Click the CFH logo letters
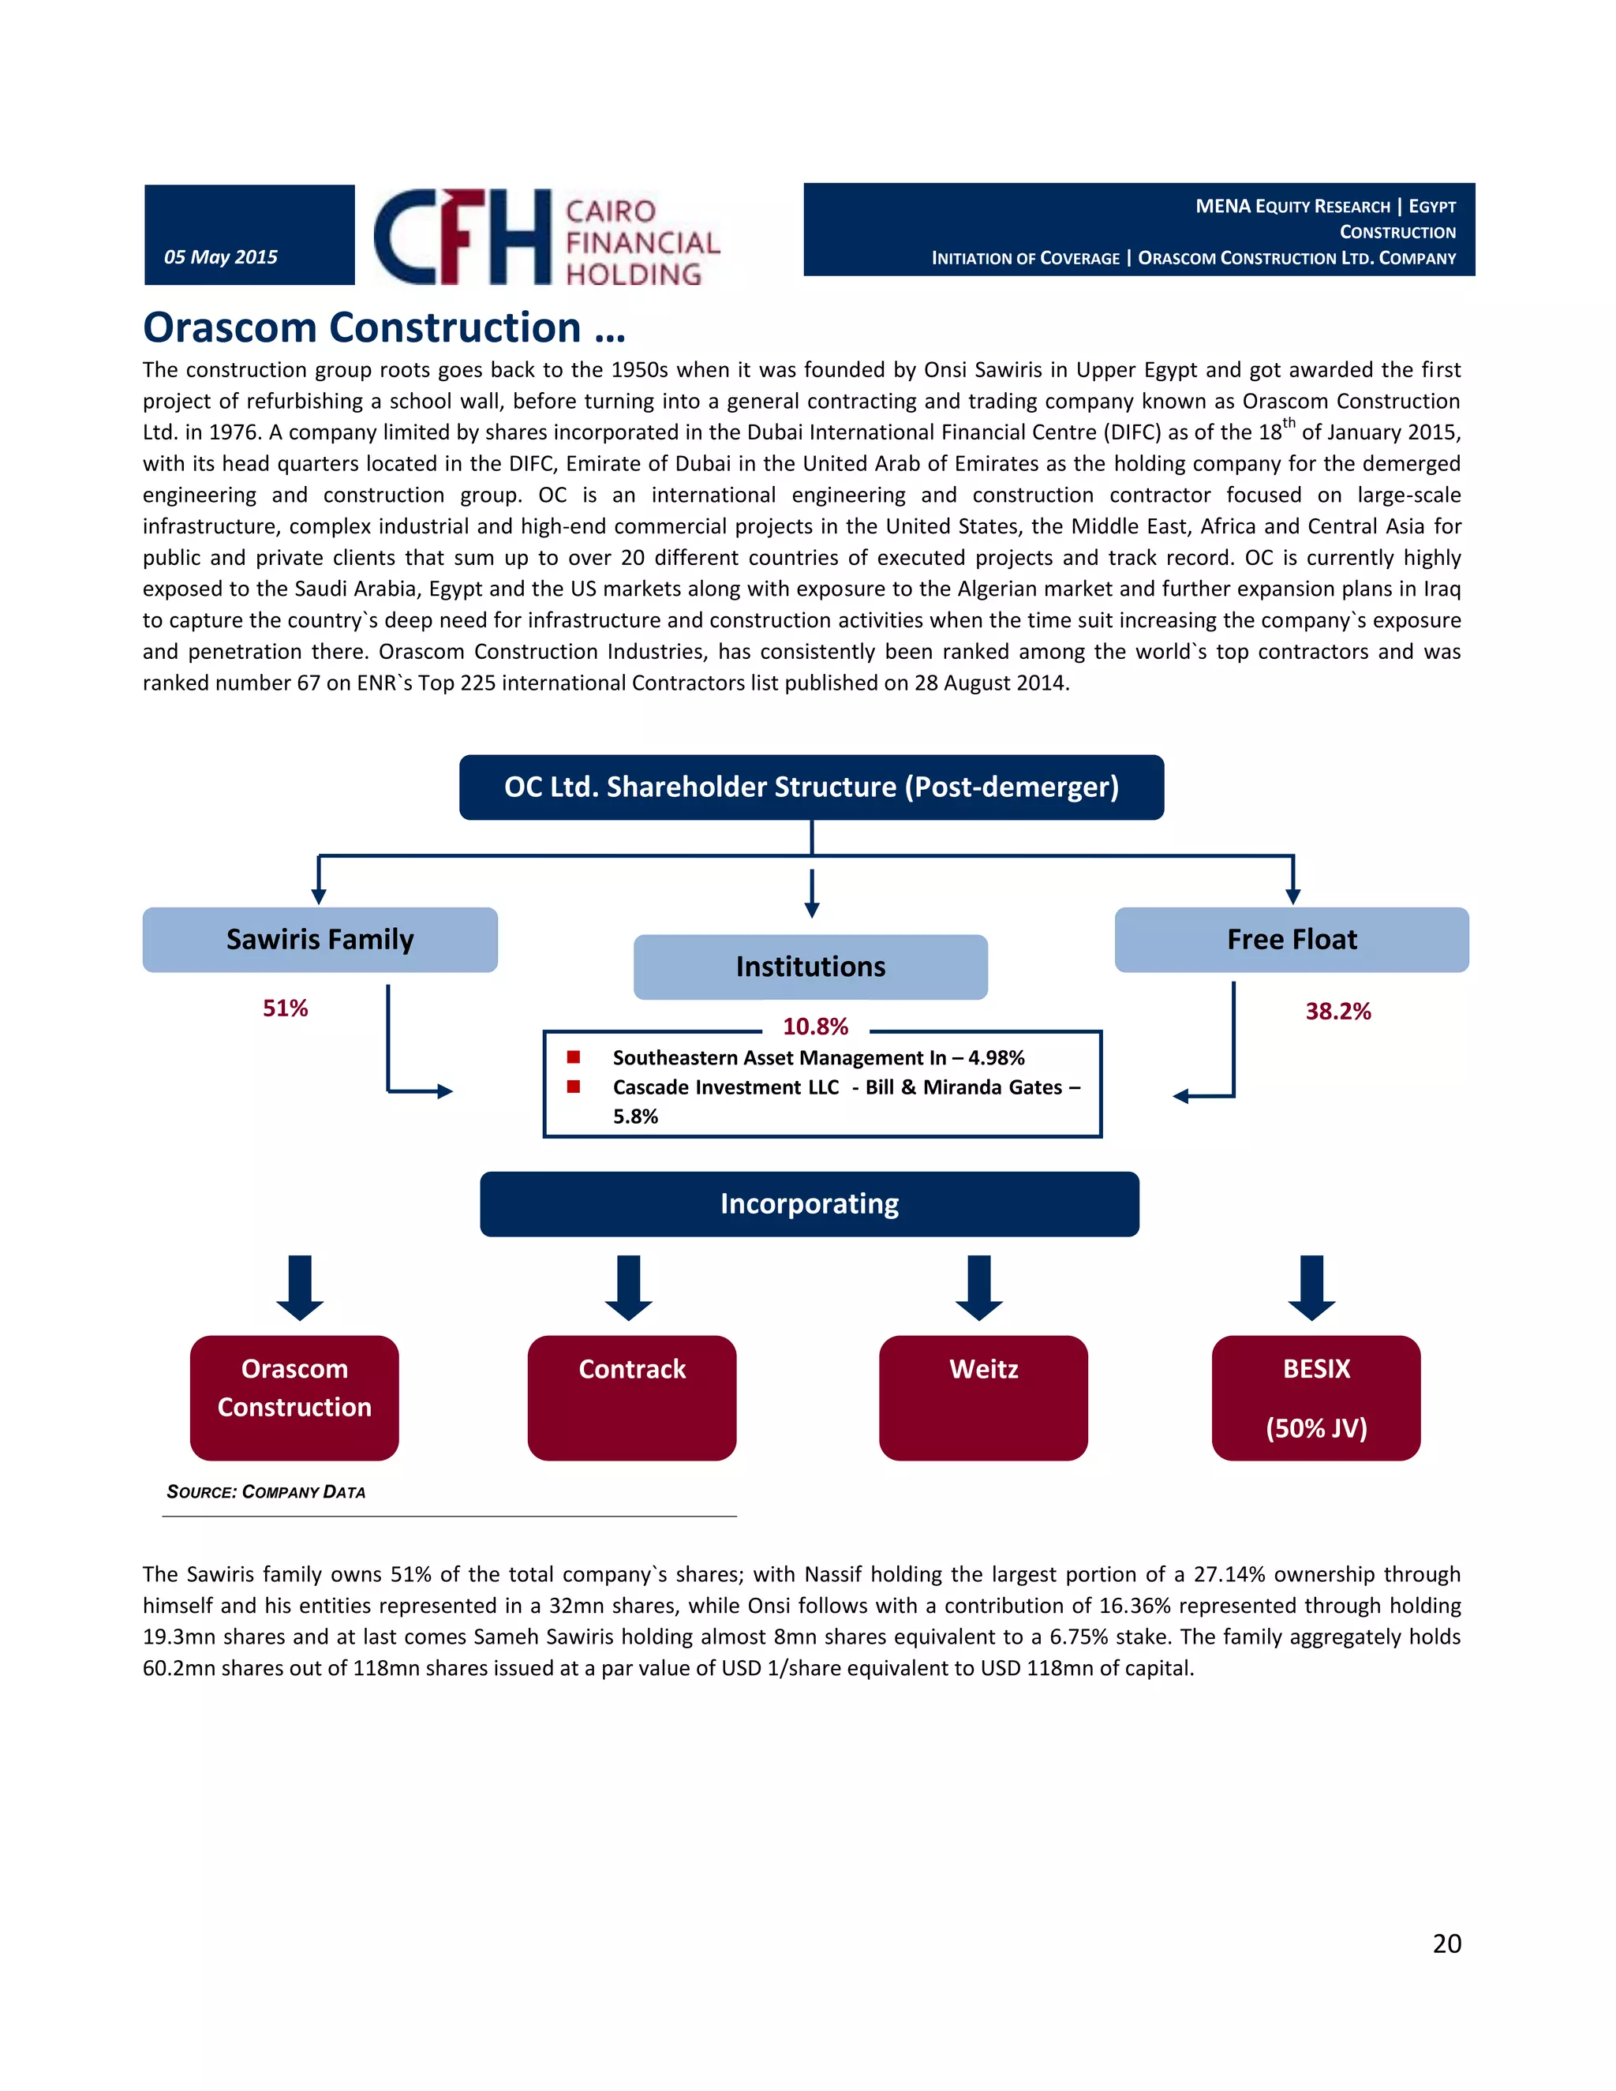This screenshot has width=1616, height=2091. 462,237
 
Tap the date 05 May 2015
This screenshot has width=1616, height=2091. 220,256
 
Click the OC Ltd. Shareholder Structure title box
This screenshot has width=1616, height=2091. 811,787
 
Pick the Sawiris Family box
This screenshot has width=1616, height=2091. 320,939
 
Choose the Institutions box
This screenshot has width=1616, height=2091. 810,967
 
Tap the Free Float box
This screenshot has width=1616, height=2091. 1292,939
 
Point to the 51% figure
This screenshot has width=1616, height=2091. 286,1008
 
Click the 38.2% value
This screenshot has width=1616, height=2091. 1337,1011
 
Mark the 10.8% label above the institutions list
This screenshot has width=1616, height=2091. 814,1027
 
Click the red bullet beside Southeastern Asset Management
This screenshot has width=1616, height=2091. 574,1057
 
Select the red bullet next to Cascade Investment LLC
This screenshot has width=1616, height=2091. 574,1087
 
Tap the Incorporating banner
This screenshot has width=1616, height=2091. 809,1203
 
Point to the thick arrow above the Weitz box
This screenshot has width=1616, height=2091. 978,1287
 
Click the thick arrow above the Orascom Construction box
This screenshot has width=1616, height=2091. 300,1287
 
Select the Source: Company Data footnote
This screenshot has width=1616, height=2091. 266,1491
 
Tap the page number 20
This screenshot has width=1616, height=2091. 1446,1943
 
